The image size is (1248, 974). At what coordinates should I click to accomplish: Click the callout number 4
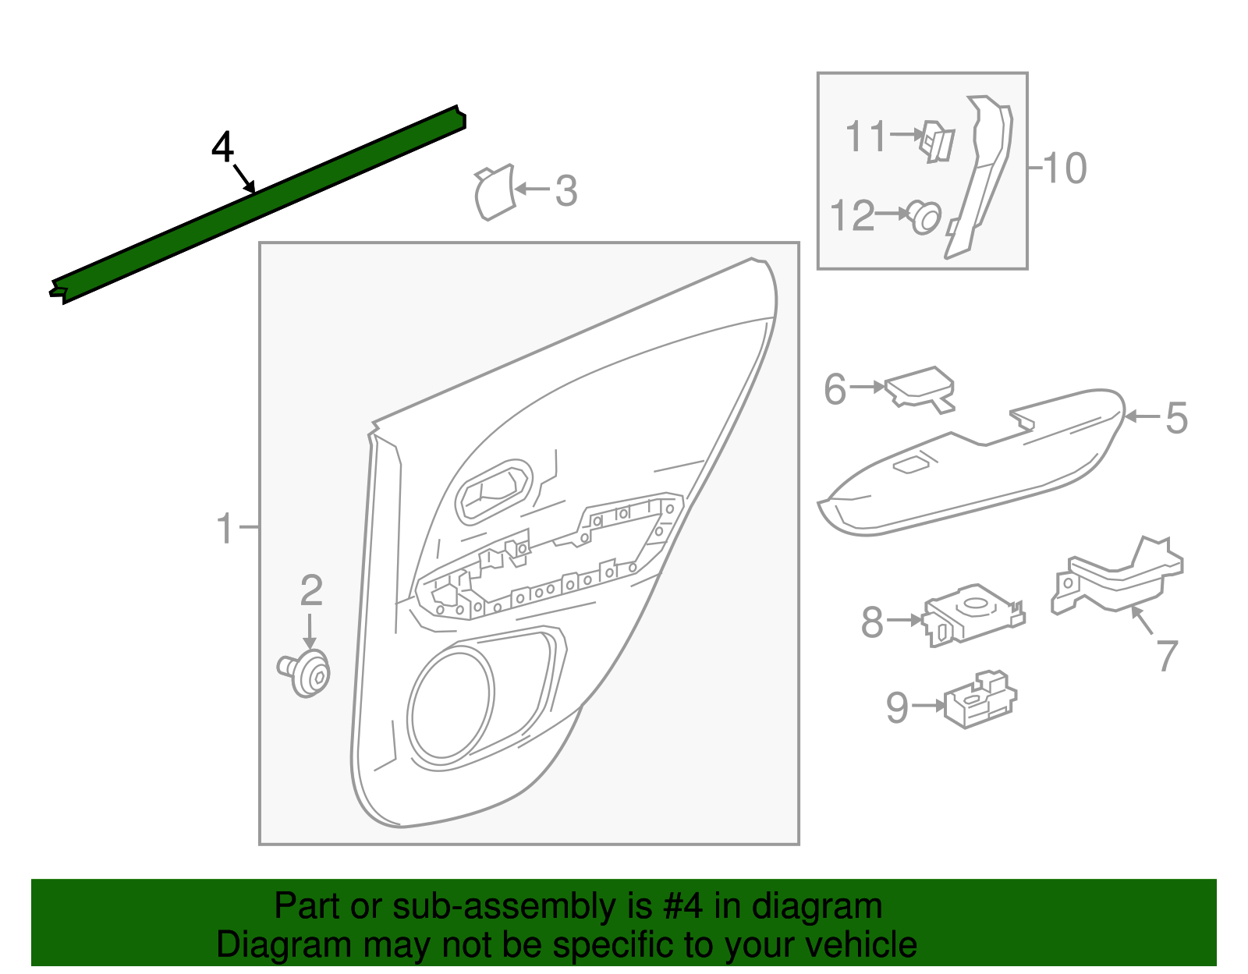pyautogui.click(x=222, y=147)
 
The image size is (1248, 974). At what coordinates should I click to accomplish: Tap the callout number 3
pyautogui.click(x=566, y=192)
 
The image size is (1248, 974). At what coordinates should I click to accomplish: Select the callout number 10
pyautogui.click(x=1065, y=168)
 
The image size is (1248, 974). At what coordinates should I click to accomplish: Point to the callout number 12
pyautogui.click(x=852, y=216)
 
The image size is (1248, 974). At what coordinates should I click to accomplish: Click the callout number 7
pyautogui.click(x=1167, y=656)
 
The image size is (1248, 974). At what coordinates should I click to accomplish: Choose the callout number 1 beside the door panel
pyautogui.click(x=225, y=529)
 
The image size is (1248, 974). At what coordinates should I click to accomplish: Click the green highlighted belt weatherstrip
pyautogui.click(x=257, y=205)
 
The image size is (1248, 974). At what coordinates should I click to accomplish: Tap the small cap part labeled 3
pyautogui.click(x=495, y=193)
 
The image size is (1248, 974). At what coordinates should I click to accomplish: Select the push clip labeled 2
pyautogui.click(x=307, y=673)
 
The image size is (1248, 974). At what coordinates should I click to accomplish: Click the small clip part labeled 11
pyautogui.click(x=937, y=141)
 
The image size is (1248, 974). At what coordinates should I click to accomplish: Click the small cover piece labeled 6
pyautogui.click(x=921, y=388)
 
